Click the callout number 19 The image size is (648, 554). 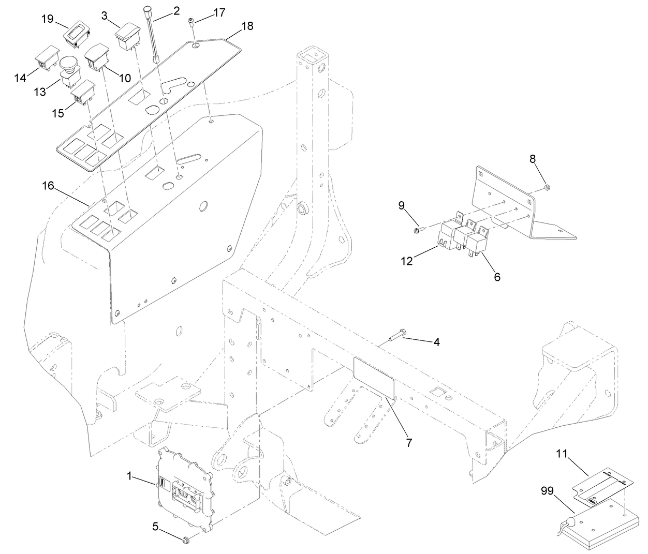pyautogui.click(x=48, y=19)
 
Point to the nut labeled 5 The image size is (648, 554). pyautogui.click(x=187, y=541)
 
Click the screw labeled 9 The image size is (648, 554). pyautogui.click(x=418, y=229)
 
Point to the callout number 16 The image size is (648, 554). pyautogui.click(x=48, y=186)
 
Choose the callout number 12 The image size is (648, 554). pyautogui.click(x=406, y=261)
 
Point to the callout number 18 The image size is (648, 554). pyautogui.click(x=247, y=25)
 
